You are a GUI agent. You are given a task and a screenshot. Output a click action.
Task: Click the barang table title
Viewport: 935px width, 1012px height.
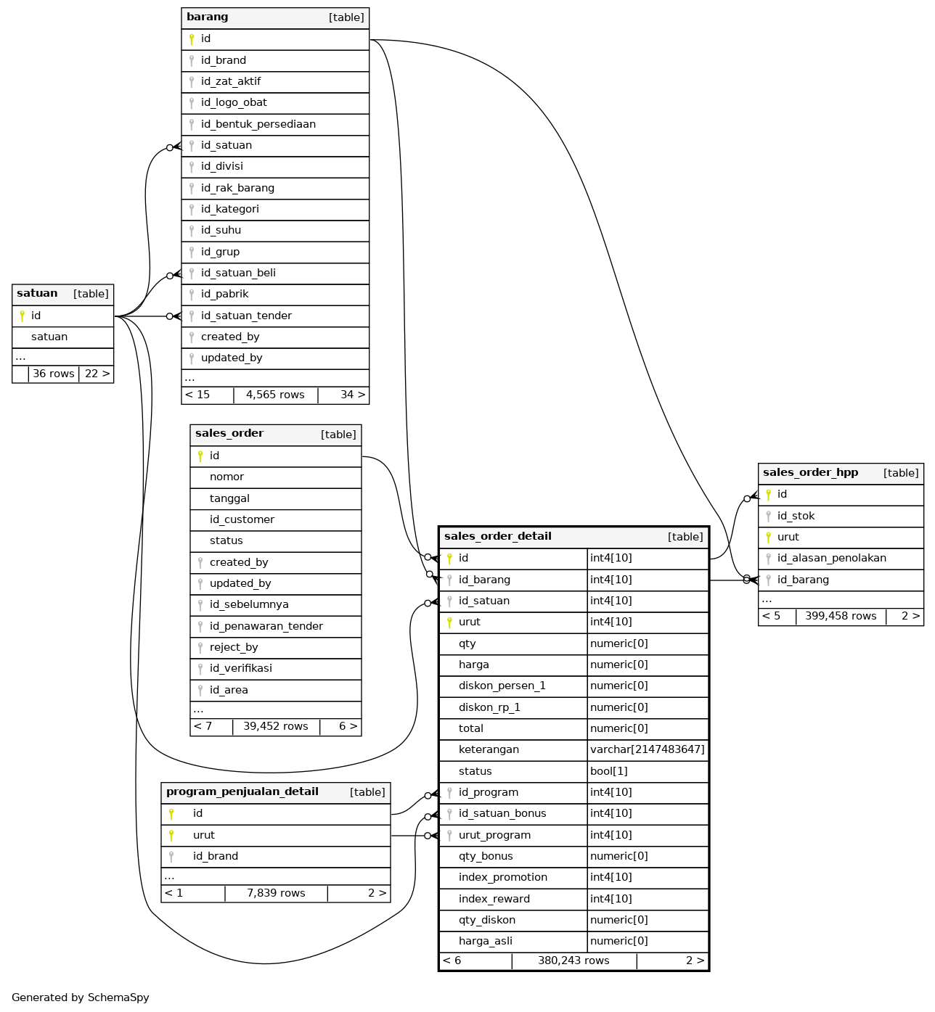click(208, 17)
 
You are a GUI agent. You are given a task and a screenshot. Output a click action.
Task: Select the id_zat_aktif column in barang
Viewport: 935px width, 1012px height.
click(231, 81)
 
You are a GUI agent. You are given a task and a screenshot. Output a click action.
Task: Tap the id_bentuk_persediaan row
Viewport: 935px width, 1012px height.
click(258, 124)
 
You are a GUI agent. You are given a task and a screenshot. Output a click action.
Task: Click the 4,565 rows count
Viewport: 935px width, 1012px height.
click(275, 395)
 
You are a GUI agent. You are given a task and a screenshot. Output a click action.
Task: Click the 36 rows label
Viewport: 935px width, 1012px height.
click(54, 374)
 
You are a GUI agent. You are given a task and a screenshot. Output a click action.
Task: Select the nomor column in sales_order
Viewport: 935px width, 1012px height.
click(226, 477)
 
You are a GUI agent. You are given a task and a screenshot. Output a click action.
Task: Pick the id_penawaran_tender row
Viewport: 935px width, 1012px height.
click(266, 626)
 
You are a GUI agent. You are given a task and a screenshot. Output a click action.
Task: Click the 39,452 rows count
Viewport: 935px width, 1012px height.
click(276, 726)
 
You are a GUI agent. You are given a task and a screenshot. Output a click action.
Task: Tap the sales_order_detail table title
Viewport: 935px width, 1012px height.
click(498, 537)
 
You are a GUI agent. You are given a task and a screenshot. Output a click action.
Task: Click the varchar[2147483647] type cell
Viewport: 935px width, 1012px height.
click(648, 749)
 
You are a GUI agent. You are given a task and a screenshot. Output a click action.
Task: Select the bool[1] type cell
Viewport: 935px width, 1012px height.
click(609, 771)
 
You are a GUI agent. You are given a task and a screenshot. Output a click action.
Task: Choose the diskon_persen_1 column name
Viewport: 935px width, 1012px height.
click(502, 686)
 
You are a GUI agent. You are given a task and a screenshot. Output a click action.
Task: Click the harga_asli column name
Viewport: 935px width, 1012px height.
click(486, 941)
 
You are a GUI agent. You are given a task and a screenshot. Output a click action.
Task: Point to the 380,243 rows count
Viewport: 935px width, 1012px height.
click(573, 960)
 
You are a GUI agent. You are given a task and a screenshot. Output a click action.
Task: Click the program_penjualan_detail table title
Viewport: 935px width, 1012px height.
click(242, 792)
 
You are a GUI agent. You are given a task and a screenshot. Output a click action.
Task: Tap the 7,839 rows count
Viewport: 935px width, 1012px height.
click(276, 893)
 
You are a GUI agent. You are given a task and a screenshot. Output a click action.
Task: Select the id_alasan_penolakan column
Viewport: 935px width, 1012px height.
click(832, 558)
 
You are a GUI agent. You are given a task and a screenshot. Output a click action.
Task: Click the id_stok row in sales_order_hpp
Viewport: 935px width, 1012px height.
click(796, 516)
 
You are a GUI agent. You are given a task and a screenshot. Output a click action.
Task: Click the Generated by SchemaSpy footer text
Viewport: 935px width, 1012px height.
click(81, 997)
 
